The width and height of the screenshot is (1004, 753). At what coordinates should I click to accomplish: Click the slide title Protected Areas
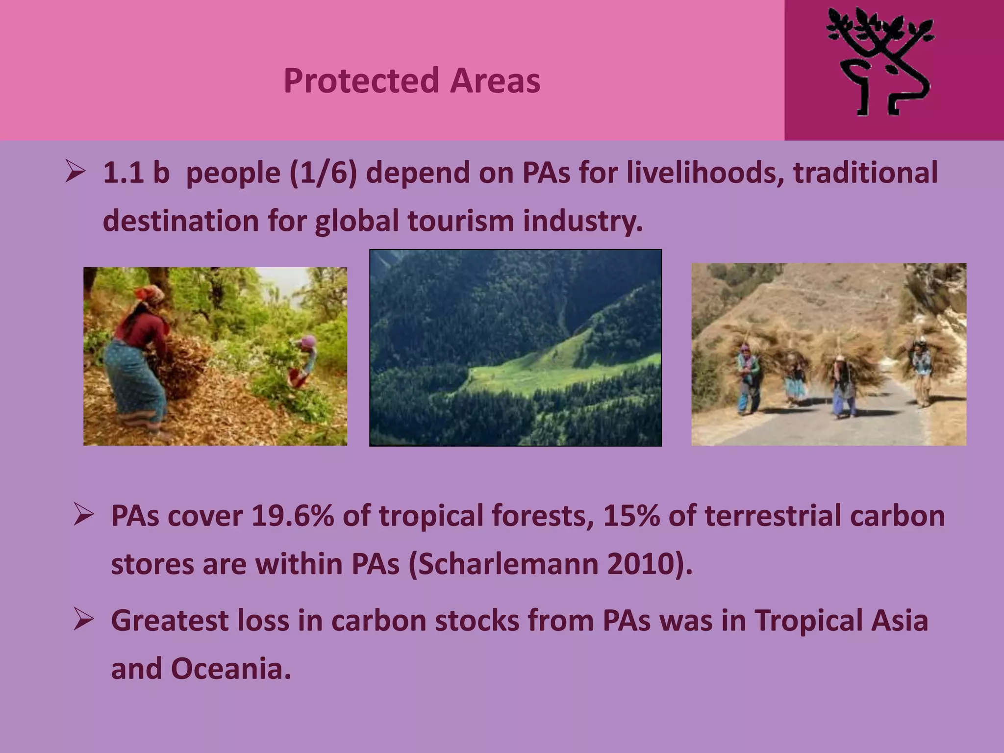pyautogui.click(x=412, y=80)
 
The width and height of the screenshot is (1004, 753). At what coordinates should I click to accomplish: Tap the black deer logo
pyautogui.click(x=880, y=64)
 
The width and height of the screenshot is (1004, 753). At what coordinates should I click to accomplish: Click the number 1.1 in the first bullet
pyautogui.click(x=122, y=173)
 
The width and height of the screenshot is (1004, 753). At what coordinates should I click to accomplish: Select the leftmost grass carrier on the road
pyautogui.click(x=749, y=377)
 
